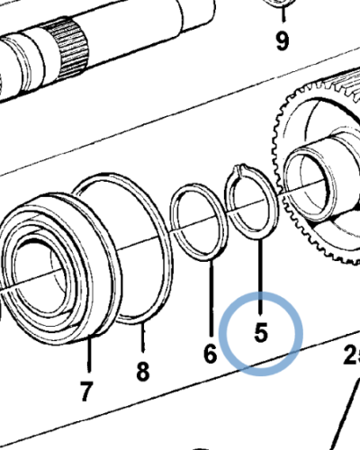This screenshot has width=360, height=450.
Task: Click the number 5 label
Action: tap(261, 332)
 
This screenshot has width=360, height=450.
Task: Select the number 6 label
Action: tap(210, 354)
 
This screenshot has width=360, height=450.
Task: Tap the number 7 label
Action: tap(86, 391)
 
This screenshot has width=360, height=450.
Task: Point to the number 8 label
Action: tap(142, 371)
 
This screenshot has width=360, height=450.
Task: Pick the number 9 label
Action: tap(283, 40)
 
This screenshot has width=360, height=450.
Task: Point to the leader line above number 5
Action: tap(260, 270)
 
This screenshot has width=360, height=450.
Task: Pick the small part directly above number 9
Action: tap(281, 4)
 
